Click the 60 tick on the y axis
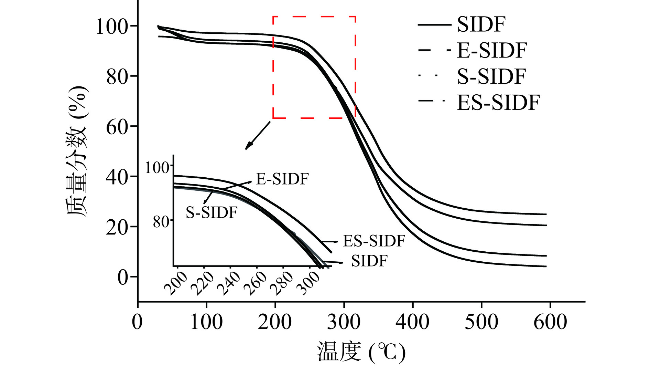[x=117, y=127]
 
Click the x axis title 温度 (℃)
[x=361, y=352]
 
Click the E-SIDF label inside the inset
[x=282, y=179]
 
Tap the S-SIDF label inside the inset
[x=212, y=212]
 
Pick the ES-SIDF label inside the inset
[x=374, y=241]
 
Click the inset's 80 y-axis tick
[x=161, y=222]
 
